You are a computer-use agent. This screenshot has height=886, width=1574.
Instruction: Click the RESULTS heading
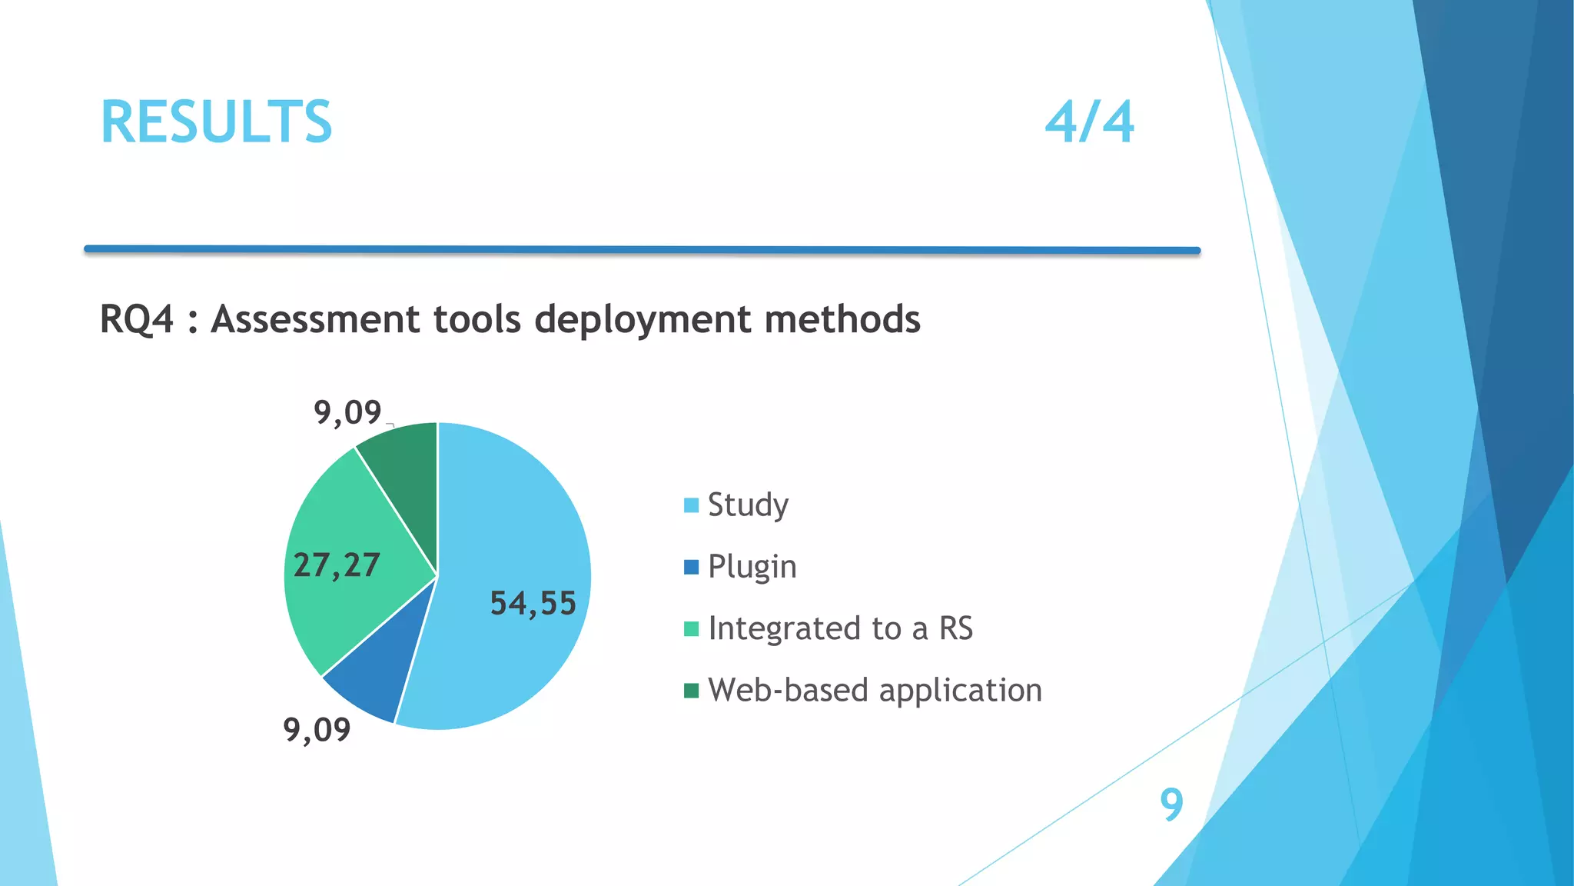216,122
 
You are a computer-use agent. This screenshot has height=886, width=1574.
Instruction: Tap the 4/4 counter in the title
1089,122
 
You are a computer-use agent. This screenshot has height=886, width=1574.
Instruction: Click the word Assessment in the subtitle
316,319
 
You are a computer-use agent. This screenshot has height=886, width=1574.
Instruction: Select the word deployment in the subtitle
643,319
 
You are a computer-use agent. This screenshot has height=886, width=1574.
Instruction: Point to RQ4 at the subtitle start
137,319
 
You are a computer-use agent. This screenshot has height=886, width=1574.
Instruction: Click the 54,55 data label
533,603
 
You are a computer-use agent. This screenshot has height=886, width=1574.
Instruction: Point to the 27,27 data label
337,565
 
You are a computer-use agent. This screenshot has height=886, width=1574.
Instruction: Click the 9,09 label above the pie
347,413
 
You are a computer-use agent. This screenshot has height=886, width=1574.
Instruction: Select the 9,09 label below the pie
317,729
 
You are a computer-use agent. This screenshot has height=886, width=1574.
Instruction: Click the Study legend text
748,505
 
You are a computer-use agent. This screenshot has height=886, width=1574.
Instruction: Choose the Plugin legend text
752,567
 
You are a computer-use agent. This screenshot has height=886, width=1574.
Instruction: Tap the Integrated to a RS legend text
840,628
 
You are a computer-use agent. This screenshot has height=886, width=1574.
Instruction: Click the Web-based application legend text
875,690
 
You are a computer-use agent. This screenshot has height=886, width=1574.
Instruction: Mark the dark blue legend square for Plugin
691,567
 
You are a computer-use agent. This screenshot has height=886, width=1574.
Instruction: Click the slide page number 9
1171,804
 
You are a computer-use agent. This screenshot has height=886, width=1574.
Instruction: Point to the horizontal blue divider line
642,249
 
